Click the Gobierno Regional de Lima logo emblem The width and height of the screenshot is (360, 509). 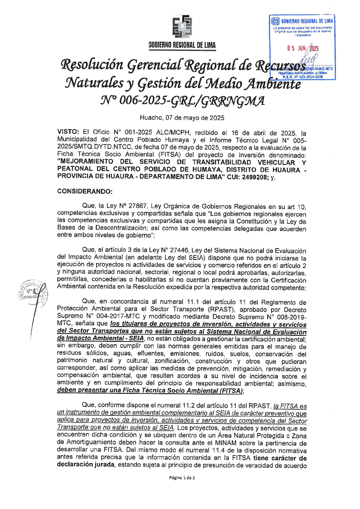pos(182,27)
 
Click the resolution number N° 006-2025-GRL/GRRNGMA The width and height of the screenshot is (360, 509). pos(182,101)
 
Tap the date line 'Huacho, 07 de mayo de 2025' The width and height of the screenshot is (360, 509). pos(182,118)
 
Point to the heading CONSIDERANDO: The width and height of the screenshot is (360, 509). pos(85,191)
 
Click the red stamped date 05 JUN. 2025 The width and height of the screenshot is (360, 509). pos(303,48)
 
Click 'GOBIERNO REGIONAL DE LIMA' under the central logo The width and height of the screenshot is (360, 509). pos(182,45)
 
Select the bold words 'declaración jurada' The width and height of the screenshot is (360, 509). pos(86,465)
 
